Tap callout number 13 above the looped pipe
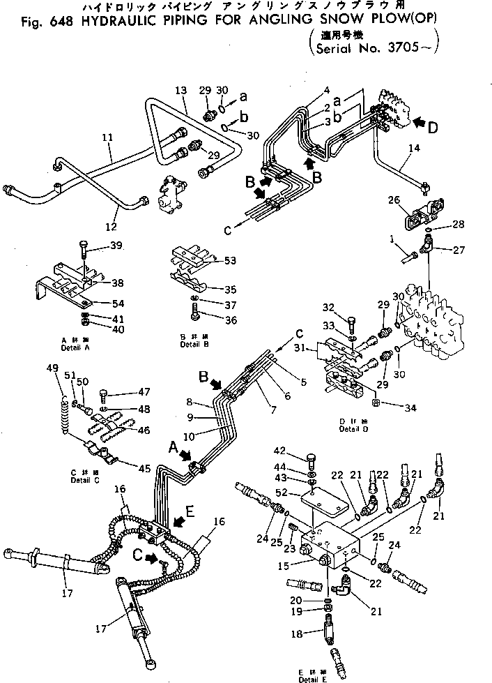coord(181,91)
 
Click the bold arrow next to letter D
coord(419,123)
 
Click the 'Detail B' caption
coord(192,344)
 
